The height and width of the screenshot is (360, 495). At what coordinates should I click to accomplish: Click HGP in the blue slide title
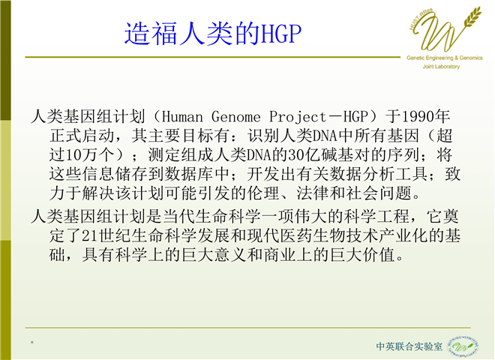[280, 33]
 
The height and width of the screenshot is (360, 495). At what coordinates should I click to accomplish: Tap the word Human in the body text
[183, 117]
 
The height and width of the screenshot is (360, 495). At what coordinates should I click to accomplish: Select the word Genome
[236, 117]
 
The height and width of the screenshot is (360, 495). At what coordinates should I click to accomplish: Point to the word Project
[298, 117]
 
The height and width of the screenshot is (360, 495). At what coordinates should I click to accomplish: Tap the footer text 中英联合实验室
[409, 346]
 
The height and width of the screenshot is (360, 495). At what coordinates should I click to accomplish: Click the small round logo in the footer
[463, 346]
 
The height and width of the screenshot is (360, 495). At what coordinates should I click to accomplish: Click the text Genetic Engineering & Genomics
[445, 58]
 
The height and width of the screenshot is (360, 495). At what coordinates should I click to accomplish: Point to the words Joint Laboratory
[441, 67]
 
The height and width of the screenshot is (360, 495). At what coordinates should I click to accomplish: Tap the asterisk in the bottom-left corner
[32, 343]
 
